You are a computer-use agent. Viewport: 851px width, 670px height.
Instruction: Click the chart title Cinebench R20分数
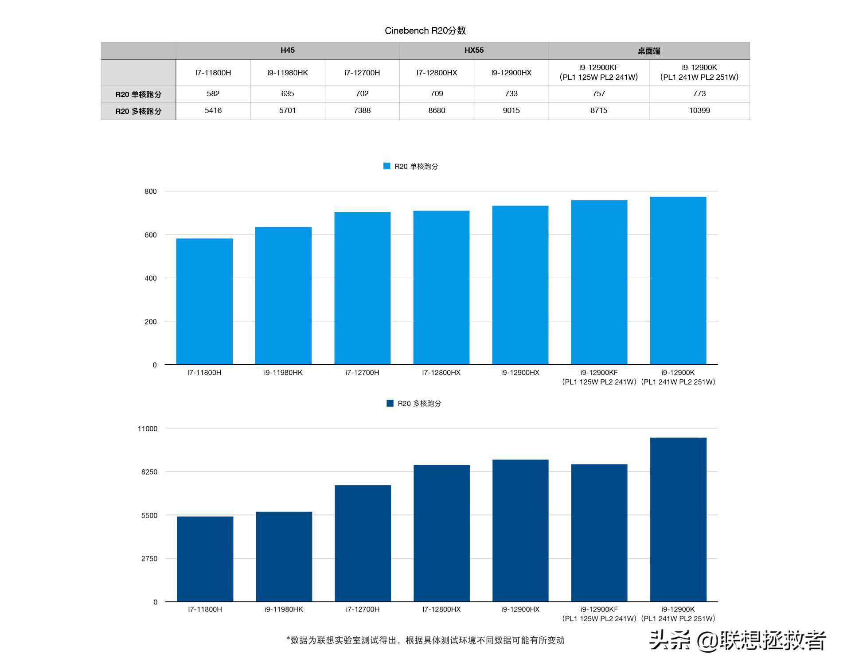pyautogui.click(x=425, y=31)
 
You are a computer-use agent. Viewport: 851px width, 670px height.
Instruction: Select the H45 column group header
pyautogui.click(x=287, y=51)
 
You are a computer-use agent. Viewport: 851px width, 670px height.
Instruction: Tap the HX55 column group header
pyautogui.click(x=474, y=51)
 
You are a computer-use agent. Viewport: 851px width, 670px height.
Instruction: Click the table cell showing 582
pyautogui.click(x=213, y=94)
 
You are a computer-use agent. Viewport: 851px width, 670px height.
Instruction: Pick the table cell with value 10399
pyautogui.click(x=699, y=111)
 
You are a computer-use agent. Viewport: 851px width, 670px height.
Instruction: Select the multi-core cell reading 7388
pyautogui.click(x=362, y=111)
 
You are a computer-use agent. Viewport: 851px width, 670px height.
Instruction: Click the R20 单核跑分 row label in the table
pyautogui.click(x=138, y=94)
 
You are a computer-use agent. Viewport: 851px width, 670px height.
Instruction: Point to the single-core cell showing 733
pyautogui.click(x=511, y=94)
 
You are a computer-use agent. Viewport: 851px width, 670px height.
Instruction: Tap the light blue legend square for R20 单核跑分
pyautogui.click(x=386, y=166)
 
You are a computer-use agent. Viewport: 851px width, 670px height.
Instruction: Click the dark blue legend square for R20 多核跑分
pyautogui.click(x=390, y=403)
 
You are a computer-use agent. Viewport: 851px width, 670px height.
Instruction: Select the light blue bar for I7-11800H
pyautogui.click(x=204, y=301)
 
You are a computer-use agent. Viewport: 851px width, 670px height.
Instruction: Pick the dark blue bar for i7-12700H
pyautogui.click(x=363, y=543)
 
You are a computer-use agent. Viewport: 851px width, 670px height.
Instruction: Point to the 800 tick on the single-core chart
pyautogui.click(x=151, y=191)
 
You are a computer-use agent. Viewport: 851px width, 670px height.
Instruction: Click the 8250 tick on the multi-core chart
pyautogui.click(x=149, y=472)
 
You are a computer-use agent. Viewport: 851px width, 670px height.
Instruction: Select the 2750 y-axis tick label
pyautogui.click(x=149, y=559)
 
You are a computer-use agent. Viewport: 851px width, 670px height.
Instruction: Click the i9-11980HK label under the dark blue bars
pyautogui.click(x=284, y=609)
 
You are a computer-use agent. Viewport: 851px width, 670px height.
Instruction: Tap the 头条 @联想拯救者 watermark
pyautogui.click(x=738, y=641)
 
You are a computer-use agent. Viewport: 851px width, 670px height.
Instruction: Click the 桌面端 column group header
pyautogui.click(x=649, y=51)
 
